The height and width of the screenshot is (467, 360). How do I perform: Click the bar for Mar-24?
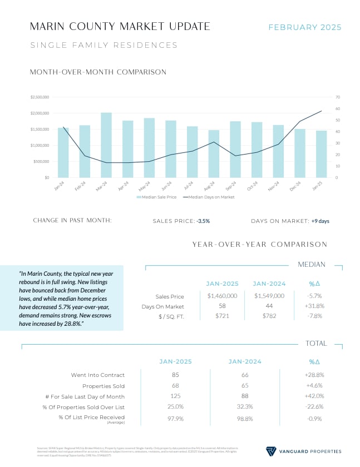[x=106, y=145]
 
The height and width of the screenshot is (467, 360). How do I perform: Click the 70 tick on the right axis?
[x=338, y=97]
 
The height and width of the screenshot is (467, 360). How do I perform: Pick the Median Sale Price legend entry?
[x=158, y=197]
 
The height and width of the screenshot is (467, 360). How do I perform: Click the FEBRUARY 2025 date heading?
[x=305, y=27]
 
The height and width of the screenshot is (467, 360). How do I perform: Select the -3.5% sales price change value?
[x=203, y=221]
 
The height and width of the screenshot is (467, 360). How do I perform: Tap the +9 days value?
[x=320, y=221]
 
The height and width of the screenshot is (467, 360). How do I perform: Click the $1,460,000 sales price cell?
[x=222, y=296]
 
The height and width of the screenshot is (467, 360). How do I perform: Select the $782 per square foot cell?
[x=269, y=316]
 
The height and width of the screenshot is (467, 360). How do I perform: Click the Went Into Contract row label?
[x=98, y=375]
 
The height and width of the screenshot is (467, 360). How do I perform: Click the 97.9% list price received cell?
[x=175, y=418]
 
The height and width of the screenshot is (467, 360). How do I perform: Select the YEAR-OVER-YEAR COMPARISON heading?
[x=260, y=244]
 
